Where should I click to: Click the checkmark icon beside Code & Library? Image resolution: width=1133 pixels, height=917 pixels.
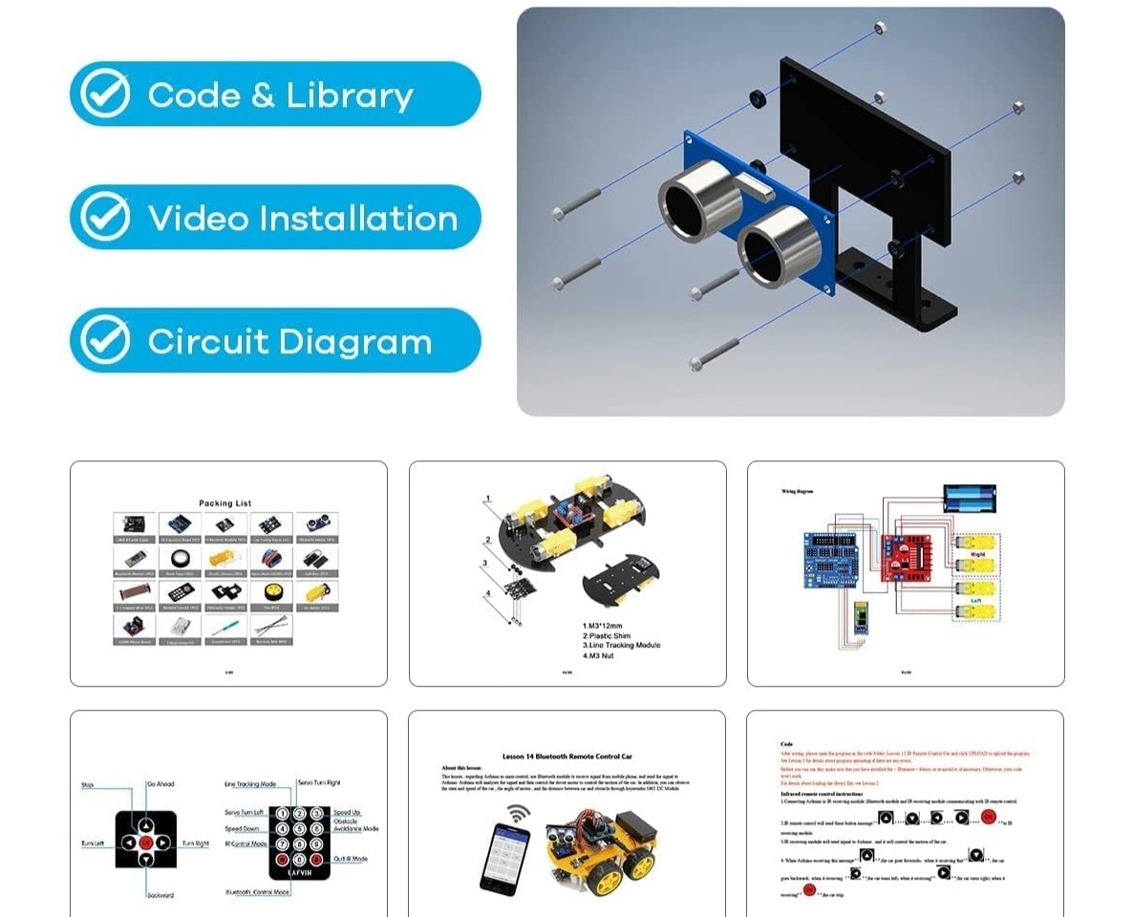tap(105, 94)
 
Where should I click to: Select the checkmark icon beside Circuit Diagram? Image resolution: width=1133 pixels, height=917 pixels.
tap(105, 340)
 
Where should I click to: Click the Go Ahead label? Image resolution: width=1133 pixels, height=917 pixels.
tap(161, 784)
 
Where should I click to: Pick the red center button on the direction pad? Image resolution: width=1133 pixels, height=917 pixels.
tap(146, 843)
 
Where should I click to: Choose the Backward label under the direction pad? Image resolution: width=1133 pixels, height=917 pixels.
tap(160, 895)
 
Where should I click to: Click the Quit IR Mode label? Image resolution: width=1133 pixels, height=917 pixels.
tap(351, 859)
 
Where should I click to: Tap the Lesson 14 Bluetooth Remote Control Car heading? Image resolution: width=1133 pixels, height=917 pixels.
tap(566, 756)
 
